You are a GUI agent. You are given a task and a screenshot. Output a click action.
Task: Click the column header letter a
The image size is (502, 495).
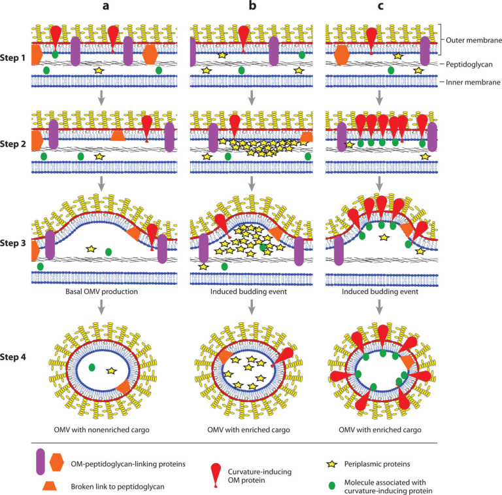(x=99, y=9)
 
